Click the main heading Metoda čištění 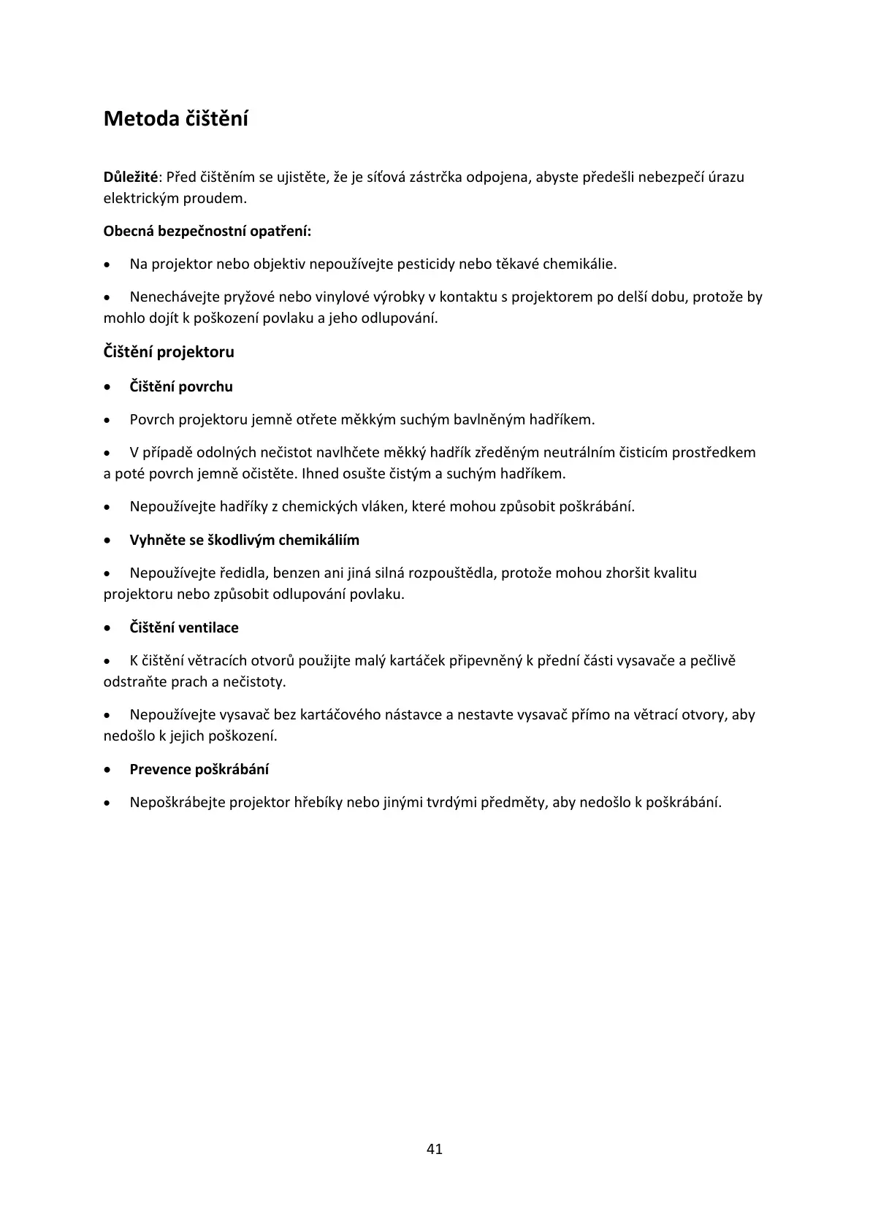176,118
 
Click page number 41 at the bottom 435,1148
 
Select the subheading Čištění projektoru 169,352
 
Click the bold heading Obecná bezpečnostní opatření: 207,232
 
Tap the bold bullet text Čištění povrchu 181,386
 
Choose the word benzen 297,573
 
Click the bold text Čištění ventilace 184,627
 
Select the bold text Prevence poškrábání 199,769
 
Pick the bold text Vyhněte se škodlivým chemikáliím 245,540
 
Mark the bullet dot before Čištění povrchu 108,387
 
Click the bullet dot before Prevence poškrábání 108,770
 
